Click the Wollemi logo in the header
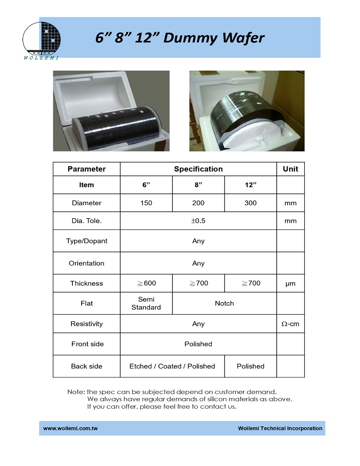41,40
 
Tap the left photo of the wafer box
111,111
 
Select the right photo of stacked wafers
247,111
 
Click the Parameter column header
86,169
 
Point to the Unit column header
290,169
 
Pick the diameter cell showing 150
146,203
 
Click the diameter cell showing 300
250,203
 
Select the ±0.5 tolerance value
198,221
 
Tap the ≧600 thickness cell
146,283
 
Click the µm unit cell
290,283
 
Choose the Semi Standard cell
146,303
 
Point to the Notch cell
224,303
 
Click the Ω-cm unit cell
290,324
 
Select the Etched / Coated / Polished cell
172,366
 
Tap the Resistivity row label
86,324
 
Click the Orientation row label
86,263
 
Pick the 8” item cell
198,185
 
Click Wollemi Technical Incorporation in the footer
280,428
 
